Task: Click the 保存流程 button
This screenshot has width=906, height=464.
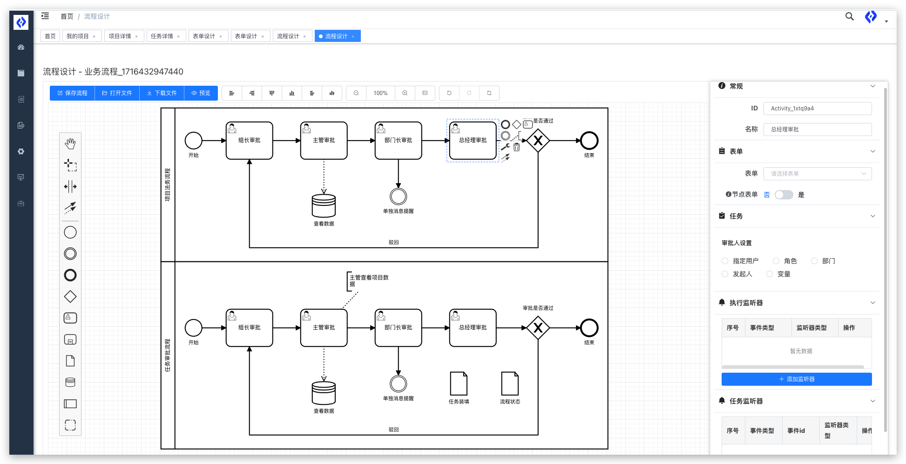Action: [x=72, y=93]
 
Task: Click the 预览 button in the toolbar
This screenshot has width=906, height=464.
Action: [x=201, y=93]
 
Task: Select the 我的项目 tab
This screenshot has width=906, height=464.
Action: [x=78, y=36]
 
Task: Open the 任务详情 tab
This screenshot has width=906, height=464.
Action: [x=162, y=36]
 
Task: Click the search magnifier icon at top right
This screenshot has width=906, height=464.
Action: [x=849, y=17]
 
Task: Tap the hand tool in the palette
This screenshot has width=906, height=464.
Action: [x=70, y=143]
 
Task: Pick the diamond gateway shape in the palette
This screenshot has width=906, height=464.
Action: [x=70, y=297]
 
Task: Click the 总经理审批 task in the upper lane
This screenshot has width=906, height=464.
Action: [x=473, y=141]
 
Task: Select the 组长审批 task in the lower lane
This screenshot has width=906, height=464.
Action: [x=249, y=328]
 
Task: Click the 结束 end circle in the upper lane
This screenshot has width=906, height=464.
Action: [x=589, y=141]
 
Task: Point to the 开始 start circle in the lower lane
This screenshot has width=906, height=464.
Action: [x=193, y=328]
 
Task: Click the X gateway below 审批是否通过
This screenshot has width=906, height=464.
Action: [x=538, y=328]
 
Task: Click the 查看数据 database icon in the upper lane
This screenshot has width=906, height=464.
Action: [x=324, y=206]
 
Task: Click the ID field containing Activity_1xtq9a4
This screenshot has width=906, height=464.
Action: [x=817, y=109]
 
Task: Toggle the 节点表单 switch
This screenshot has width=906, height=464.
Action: [x=784, y=195]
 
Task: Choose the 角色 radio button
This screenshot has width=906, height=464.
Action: [x=776, y=261]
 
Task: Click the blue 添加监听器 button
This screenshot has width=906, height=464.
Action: [x=796, y=379]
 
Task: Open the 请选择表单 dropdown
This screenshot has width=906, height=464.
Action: [x=817, y=174]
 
